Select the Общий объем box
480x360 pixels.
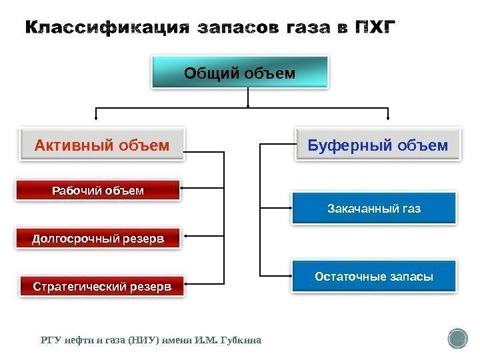click(240, 73)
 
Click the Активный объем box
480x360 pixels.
click(102, 145)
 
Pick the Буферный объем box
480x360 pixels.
click(377, 145)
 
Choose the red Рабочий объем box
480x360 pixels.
click(98, 191)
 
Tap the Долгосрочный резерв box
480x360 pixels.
click(98, 238)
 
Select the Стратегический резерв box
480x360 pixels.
click(102, 287)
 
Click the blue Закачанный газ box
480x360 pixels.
click(374, 209)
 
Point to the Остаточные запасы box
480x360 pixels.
click(374, 276)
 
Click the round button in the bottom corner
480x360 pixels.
click(458, 338)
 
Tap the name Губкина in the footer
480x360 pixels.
click(238, 341)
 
